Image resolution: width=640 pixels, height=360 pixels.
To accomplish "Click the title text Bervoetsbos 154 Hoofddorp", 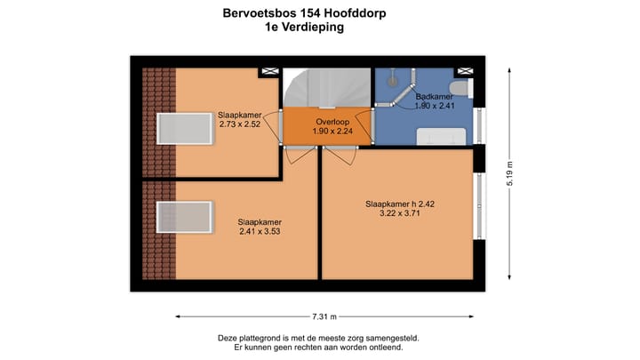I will click(x=304, y=14).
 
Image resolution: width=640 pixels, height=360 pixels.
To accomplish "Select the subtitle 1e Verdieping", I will click(x=304, y=28).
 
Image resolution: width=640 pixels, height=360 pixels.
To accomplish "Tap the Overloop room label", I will click(x=329, y=121).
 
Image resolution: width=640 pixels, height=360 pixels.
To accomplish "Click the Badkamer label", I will click(x=434, y=96).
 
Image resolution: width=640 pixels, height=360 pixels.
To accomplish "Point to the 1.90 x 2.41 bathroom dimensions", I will click(x=434, y=107).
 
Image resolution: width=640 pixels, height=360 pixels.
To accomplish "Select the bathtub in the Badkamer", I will click(x=442, y=135).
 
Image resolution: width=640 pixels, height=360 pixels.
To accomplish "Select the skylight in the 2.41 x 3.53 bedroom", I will click(x=185, y=217).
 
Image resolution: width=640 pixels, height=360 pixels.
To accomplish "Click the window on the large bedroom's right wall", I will click(x=480, y=204).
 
